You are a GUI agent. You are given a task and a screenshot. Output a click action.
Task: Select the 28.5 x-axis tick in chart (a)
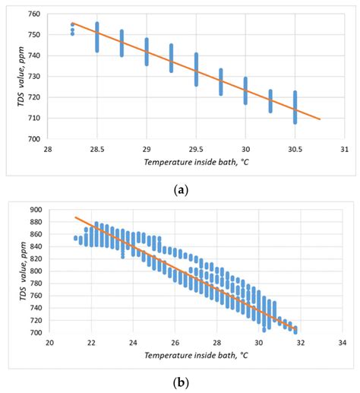point(97,149)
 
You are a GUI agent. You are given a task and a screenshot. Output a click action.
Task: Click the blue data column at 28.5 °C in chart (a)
point(97,36)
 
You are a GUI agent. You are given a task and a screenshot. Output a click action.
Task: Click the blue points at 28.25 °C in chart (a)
point(72,28)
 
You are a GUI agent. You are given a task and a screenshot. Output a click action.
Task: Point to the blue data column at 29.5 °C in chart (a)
point(196,69)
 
